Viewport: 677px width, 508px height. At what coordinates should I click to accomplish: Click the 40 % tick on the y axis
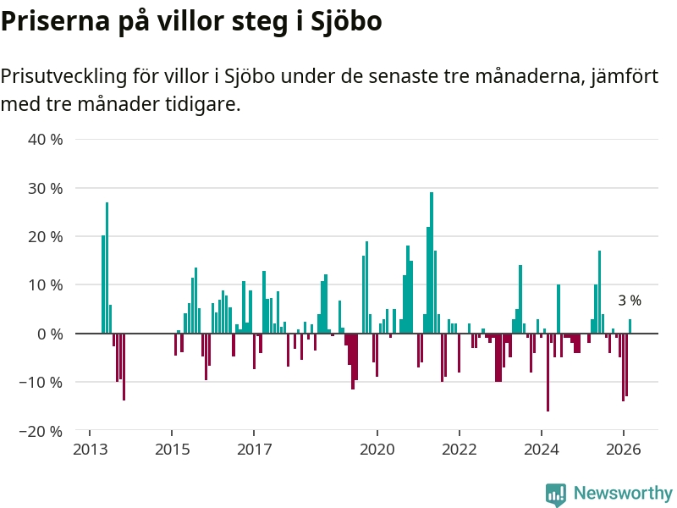click(x=46, y=139)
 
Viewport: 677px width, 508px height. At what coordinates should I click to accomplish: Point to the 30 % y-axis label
click(x=46, y=188)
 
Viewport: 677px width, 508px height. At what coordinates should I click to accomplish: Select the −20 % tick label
click(x=41, y=431)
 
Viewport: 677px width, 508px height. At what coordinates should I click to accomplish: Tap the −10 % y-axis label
click(x=41, y=383)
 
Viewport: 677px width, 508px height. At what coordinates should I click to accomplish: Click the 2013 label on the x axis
click(x=90, y=450)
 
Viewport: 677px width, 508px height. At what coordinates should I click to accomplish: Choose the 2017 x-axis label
click(x=254, y=450)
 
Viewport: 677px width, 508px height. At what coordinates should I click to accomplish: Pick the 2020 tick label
click(x=377, y=450)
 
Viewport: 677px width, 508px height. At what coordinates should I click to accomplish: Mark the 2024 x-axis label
click(x=542, y=450)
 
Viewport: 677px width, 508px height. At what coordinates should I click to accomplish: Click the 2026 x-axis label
click(x=624, y=450)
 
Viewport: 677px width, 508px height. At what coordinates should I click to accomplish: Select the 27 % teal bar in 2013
click(x=107, y=268)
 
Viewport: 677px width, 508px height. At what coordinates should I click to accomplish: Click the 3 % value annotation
click(x=630, y=301)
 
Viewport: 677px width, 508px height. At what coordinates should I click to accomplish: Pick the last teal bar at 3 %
click(x=630, y=327)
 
